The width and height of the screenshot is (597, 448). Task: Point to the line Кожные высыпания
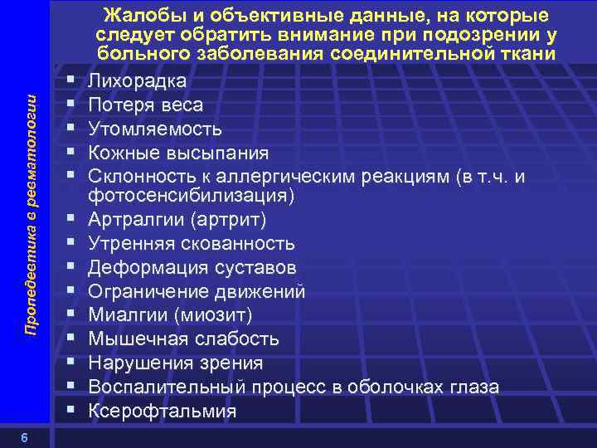coord(178,153)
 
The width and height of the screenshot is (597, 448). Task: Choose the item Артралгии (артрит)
coord(177,220)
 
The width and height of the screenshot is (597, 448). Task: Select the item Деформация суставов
coord(192,268)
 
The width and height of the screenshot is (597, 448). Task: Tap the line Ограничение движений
coord(197,292)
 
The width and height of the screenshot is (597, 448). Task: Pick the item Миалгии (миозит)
coord(170,315)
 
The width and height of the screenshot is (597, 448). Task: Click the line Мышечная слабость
coord(183,339)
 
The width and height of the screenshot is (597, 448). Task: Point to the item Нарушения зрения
coord(176,363)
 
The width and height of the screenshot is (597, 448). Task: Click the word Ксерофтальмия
coord(162,411)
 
